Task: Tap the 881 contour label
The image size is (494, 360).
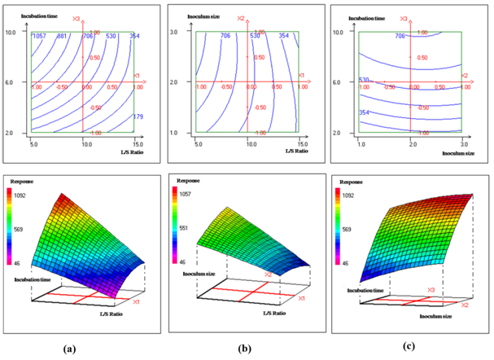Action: pos(63,36)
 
